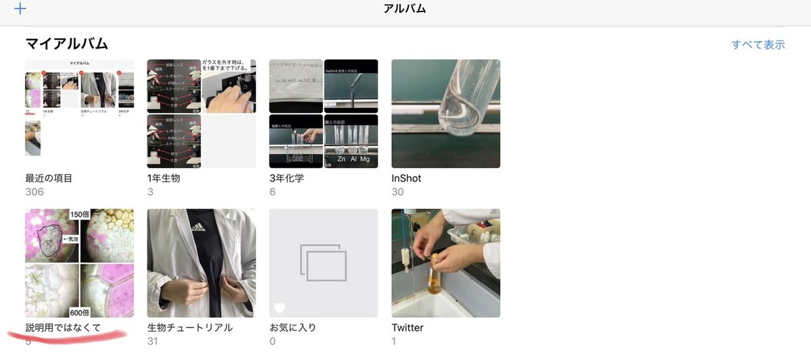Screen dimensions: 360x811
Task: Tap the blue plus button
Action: coord(20,9)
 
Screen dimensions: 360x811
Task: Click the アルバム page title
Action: coord(405,9)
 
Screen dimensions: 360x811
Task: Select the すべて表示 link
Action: coord(758,45)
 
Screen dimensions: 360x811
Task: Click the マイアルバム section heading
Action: coord(67,44)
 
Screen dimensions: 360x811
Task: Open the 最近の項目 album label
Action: coord(49,178)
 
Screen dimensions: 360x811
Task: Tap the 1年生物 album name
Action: coord(164,178)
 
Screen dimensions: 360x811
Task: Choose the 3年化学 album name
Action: coord(287,178)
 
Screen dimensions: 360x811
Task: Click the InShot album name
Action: coord(406,178)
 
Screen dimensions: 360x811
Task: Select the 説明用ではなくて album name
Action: coord(63,328)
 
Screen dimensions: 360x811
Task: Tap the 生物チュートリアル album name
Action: coord(190,328)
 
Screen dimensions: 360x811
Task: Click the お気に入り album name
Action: coord(293,328)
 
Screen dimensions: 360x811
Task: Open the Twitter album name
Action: coord(408,328)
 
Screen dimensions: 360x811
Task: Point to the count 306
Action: coord(34,192)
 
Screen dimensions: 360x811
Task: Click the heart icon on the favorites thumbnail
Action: coord(280,308)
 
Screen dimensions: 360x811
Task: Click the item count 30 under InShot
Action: coord(398,192)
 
